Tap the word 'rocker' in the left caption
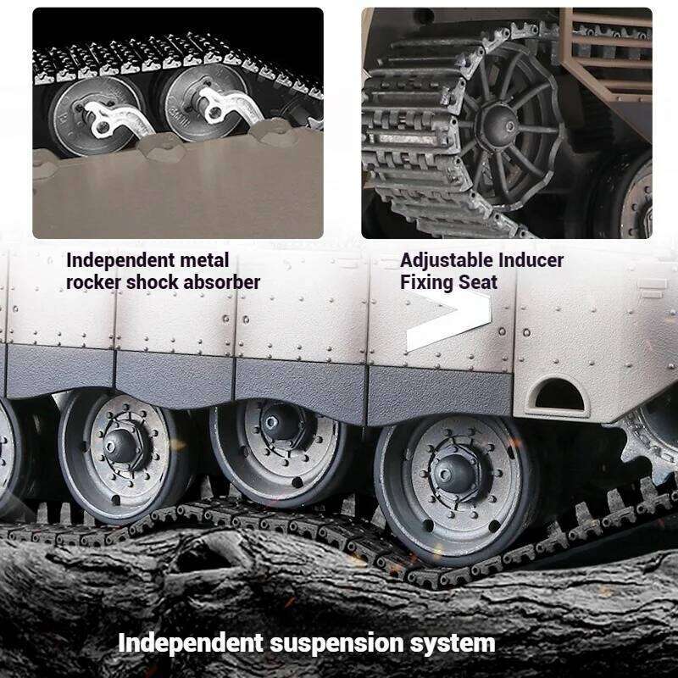tap(93, 281)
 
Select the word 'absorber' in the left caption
tap(220, 281)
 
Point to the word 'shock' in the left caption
tap(153, 281)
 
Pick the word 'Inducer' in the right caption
tap(531, 260)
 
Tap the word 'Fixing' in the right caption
tap(426, 281)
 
